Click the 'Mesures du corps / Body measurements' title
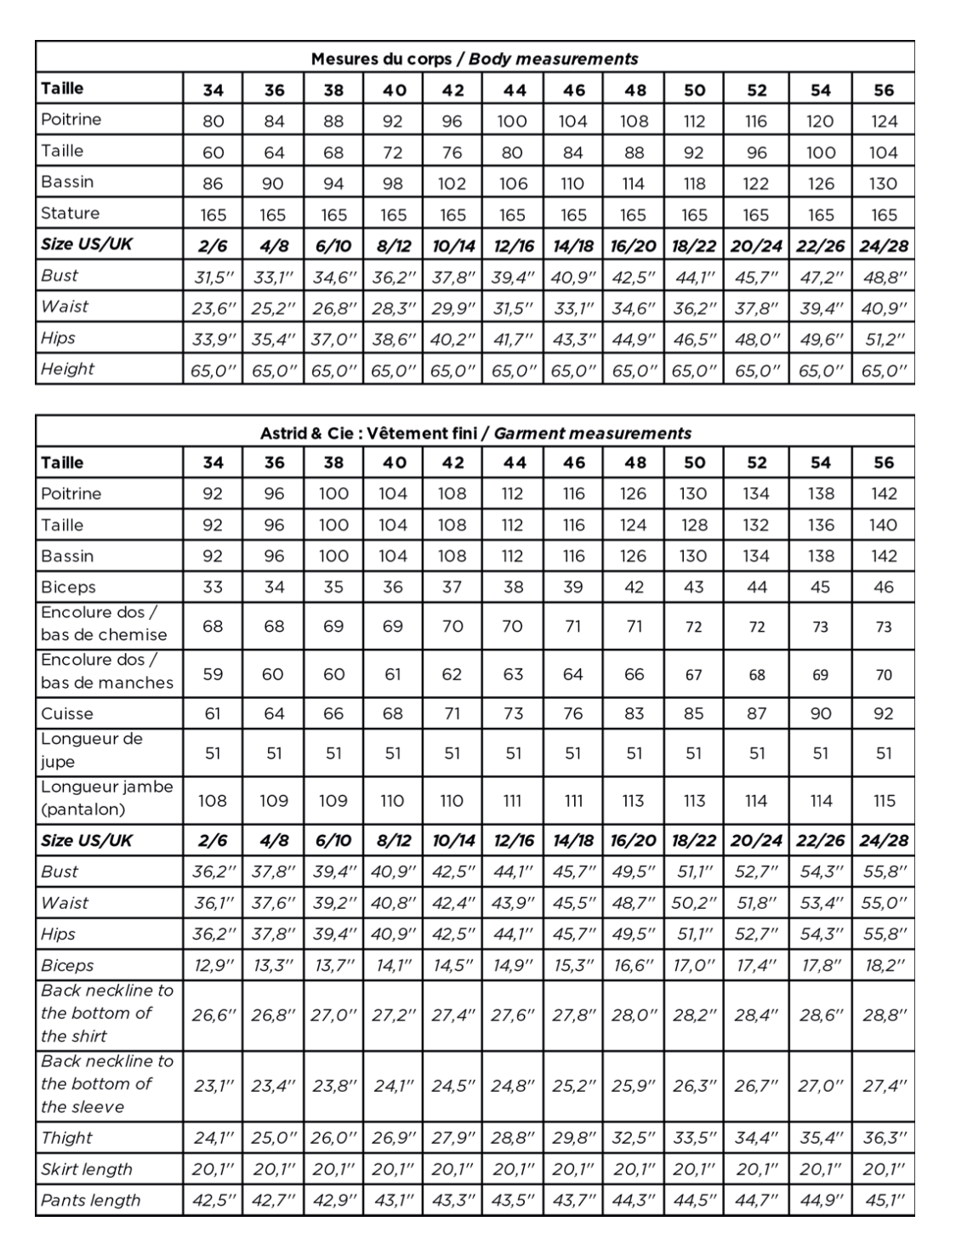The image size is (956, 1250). [474, 59]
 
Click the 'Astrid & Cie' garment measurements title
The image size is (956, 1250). [475, 433]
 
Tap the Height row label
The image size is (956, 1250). [67, 369]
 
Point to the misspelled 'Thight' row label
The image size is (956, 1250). [66, 1138]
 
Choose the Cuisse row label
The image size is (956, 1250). [67, 713]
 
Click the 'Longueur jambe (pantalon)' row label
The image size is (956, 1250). [106, 798]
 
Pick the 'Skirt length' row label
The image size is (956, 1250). [86, 1169]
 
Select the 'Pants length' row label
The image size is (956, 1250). [90, 1201]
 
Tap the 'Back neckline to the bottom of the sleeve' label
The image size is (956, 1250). [106, 1084]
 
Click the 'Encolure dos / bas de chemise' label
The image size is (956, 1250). [104, 624]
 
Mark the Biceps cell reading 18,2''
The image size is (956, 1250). [884, 965]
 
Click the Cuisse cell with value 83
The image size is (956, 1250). [634, 713]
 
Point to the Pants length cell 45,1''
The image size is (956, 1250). [884, 1201]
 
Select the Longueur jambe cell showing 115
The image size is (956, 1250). [884, 800]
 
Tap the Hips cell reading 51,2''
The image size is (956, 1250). [884, 338]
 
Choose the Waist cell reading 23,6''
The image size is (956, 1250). [213, 307]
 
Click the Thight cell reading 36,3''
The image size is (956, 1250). [884, 1138]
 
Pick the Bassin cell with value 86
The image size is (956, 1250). [213, 184]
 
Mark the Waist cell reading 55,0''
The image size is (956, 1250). [884, 903]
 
